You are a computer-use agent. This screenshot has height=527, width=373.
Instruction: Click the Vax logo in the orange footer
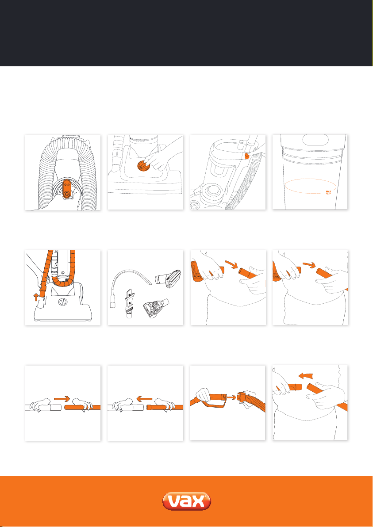tap(186, 502)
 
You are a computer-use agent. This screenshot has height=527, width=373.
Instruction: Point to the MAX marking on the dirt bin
tap(329, 192)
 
